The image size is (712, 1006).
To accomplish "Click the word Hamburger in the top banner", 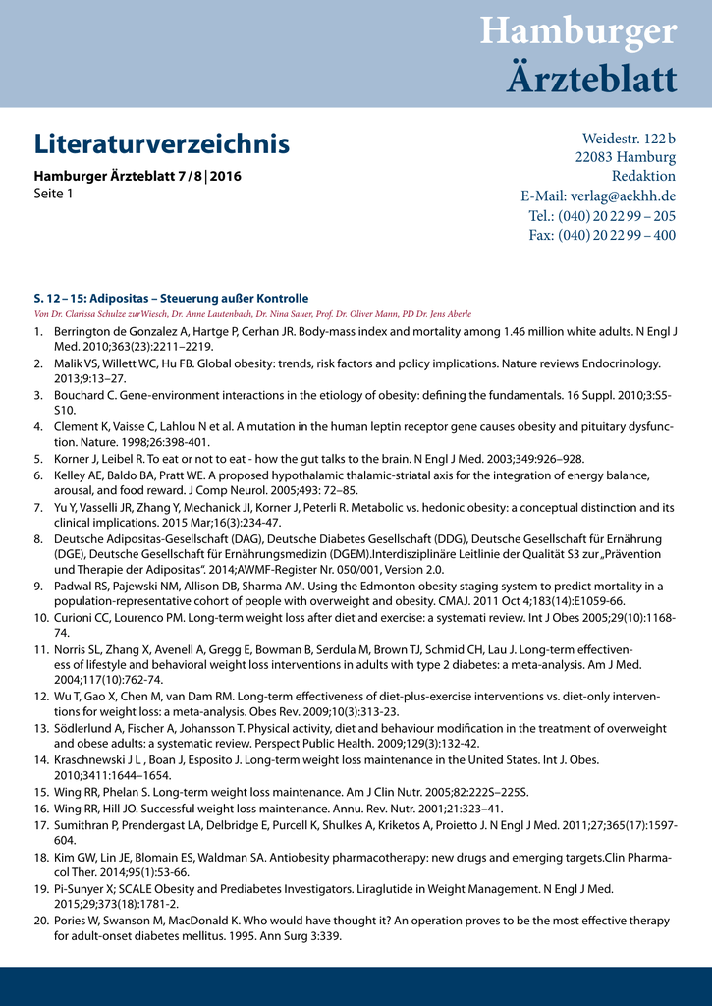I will click(578, 31).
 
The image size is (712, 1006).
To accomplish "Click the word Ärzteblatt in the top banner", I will click(591, 78).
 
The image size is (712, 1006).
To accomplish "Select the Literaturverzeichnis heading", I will click(162, 144).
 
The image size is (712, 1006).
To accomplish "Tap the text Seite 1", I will click(54, 194).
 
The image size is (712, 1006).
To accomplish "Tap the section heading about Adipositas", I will click(171, 298).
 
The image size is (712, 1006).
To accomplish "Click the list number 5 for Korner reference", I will click(39, 459).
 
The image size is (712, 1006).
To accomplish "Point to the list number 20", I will click(41, 921).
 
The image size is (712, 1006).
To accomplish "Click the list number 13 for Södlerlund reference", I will click(41, 729).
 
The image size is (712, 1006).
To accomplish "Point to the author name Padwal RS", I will click(81, 586).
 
